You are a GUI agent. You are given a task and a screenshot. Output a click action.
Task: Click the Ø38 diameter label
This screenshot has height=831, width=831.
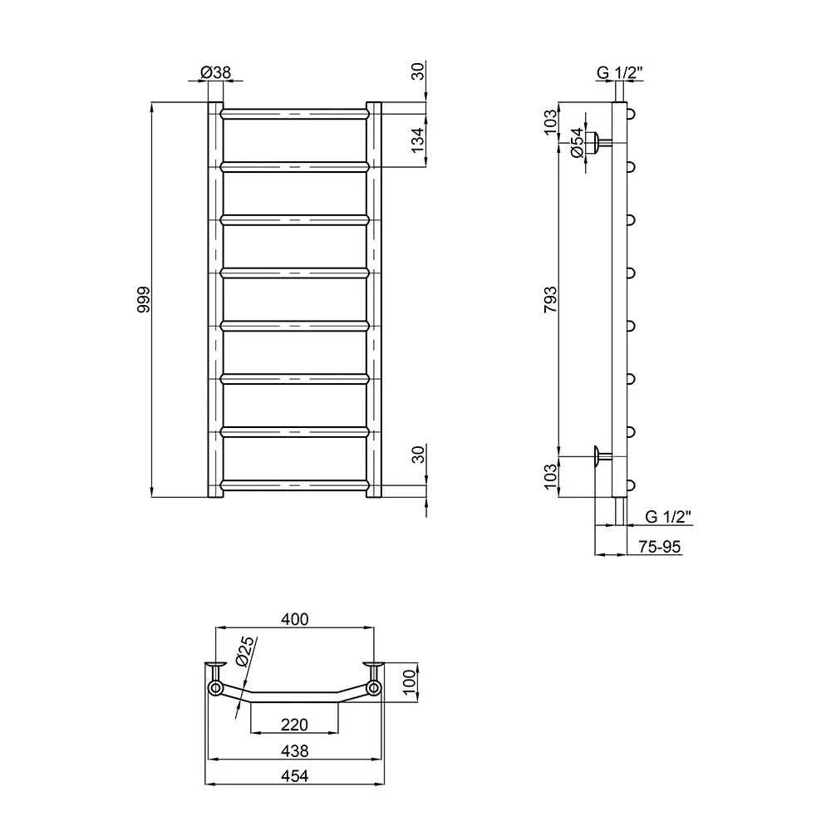coord(216,72)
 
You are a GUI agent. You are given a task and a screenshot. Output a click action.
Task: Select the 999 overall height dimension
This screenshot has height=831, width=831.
coord(143,299)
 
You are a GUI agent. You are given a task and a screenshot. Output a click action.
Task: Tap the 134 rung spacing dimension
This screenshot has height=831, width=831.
coord(418,140)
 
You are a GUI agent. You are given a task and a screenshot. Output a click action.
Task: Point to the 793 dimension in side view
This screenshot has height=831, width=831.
coord(551,299)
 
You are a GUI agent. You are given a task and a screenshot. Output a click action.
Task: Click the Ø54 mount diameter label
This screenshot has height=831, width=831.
coord(577,143)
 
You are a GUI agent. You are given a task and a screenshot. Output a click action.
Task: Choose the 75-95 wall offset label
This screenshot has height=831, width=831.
coord(659,547)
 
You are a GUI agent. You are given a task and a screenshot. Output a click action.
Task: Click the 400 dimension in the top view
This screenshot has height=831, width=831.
coord(295,619)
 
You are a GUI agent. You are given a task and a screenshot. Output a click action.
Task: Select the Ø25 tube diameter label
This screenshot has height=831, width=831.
coord(243,652)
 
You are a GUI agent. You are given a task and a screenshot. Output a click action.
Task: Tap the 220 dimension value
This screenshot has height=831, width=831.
coord(294,725)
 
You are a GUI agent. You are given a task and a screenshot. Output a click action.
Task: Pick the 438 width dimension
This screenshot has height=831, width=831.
coord(295,751)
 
